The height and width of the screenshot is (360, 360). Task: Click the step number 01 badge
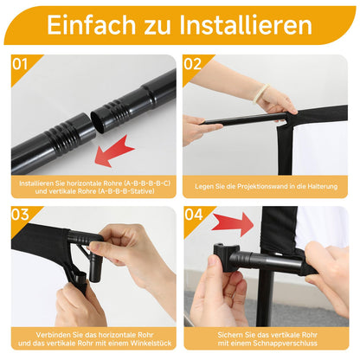click(x=22, y=63)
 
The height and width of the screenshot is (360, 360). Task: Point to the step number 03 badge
click(x=22, y=214)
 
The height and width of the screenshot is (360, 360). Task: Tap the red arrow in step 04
click(x=232, y=224)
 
